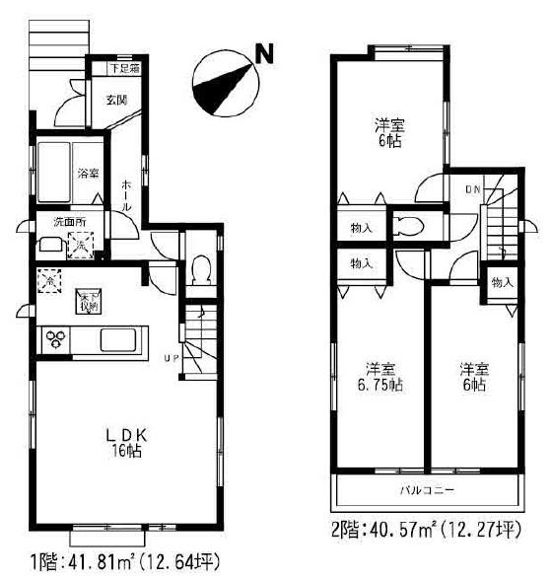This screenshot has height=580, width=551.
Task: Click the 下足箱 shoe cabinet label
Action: click(123, 69)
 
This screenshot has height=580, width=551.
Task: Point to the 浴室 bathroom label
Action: click(89, 175)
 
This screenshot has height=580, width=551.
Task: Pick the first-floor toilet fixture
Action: click(200, 268)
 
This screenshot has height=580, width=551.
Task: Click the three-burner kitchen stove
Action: click(56, 340)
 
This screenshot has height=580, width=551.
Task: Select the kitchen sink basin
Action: click(120, 340)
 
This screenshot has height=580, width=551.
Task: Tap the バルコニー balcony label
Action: click(426, 490)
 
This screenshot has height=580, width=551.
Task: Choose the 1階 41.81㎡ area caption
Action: click(122, 565)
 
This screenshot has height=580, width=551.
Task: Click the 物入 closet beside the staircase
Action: click(502, 283)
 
